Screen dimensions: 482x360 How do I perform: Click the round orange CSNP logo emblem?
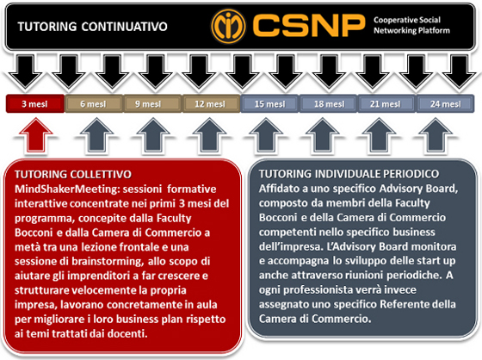click(x=228, y=26)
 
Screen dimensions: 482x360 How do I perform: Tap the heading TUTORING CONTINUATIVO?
click(x=93, y=27)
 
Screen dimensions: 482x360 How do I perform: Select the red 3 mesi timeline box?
click(x=35, y=104)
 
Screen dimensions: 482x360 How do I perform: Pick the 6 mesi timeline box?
click(x=94, y=104)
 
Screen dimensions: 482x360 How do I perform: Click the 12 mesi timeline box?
click(x=211, y=104)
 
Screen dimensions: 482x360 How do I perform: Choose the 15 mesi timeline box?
click(x=269, y=104)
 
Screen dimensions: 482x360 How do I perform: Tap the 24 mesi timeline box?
click(x=446, y=104)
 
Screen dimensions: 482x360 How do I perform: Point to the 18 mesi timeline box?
click(x=328, y=104)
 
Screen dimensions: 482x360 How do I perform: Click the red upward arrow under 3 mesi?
click(x=35, y=134)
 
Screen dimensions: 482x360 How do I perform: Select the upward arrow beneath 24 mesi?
click(x=436, y=134)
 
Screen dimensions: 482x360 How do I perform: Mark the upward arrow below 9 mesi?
click(x=153, y=134)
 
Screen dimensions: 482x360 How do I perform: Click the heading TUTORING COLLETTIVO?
click(x=73, y=175)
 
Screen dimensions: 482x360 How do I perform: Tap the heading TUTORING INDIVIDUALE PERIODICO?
click(x=349, y=174)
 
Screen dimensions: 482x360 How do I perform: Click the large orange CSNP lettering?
click(x=309, y=25)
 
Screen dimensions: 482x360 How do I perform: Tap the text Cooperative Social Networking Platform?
click(x=411, y=25)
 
